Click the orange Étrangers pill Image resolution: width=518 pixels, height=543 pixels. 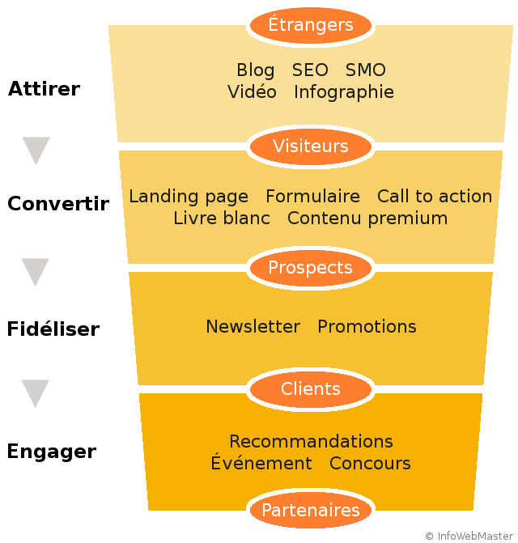pos(311,25)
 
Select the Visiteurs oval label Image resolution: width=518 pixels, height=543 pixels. pos(311,146)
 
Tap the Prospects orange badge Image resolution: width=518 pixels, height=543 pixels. pos(311,268)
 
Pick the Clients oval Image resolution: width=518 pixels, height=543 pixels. pos(311,389)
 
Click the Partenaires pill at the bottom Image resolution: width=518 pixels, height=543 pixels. pos(311,511)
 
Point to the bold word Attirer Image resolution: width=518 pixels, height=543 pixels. pos(44,89)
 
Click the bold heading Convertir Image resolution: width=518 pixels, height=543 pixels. pos(58,204)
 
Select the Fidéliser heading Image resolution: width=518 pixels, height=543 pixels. pos(53,329)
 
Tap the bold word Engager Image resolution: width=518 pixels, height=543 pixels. pos(51,452)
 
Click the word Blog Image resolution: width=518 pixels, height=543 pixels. pos(255,70)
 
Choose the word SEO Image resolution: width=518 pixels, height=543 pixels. pos(310,70)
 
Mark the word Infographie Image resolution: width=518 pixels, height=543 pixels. pos(344,92)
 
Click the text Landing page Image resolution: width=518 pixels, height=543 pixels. pos(189,197)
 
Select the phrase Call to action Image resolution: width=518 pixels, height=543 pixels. pos(435,197)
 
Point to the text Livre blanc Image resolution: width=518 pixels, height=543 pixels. pos(222,218)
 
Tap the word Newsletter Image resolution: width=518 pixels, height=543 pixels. pos(253,327)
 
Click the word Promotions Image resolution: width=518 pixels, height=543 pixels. pos(367,327)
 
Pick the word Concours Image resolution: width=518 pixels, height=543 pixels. pos(370,464)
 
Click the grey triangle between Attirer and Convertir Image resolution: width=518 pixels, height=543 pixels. pos(36,151)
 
